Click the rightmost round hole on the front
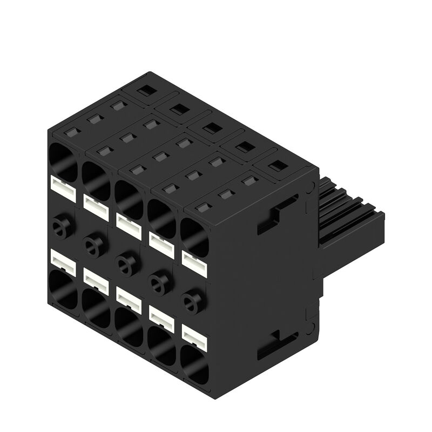tap(190, 301)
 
